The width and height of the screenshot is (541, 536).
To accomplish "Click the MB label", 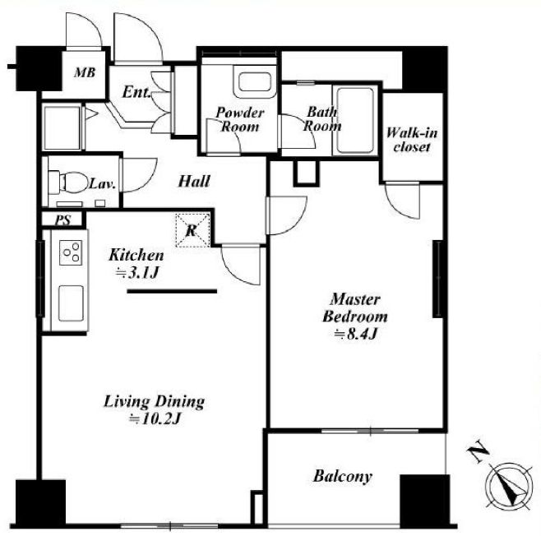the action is click(x=85, y=72).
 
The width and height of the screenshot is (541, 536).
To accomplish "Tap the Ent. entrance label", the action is click(x=136, y=92).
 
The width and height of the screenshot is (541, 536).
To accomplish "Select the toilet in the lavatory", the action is click(x=68, y=182).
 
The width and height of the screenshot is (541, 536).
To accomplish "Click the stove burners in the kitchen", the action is click(x=71, y=252).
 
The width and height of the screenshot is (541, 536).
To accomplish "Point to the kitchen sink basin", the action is click(x=71, y=303).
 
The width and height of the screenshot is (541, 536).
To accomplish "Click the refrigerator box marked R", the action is click(x=192, y=230).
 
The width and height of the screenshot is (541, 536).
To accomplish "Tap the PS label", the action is click(x=62, y=220).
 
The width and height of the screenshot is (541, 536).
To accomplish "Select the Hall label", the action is click(x=193, y=181).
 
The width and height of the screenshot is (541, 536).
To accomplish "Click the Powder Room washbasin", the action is click(x=254, y=82).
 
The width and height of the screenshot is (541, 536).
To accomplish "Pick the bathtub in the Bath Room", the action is click(x=355, y=120).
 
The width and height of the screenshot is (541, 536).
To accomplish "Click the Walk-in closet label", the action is click(x=412, y=140).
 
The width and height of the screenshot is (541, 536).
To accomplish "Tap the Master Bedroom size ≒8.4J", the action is click(x=355, y=335).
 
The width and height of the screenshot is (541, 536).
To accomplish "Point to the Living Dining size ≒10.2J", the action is click(x=155, y=419).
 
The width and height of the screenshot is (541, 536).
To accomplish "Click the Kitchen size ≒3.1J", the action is click(x=137, y=273).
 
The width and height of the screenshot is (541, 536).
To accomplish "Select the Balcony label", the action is click(x=343, y=476).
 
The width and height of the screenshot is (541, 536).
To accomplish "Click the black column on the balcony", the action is click(x=425, y=500).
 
